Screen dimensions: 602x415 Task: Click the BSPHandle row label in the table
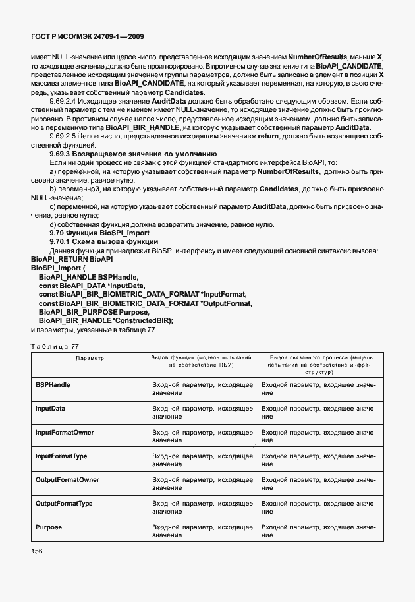[x=53, y=384]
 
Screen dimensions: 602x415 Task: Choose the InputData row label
[x=50, y=408]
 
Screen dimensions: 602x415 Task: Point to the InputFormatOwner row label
[x=64, y=433]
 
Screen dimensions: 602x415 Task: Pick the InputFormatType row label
[x=62, y=456]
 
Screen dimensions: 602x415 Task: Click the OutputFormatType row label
[x=64, y=504]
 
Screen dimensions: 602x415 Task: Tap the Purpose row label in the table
[x=48, y=527]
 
